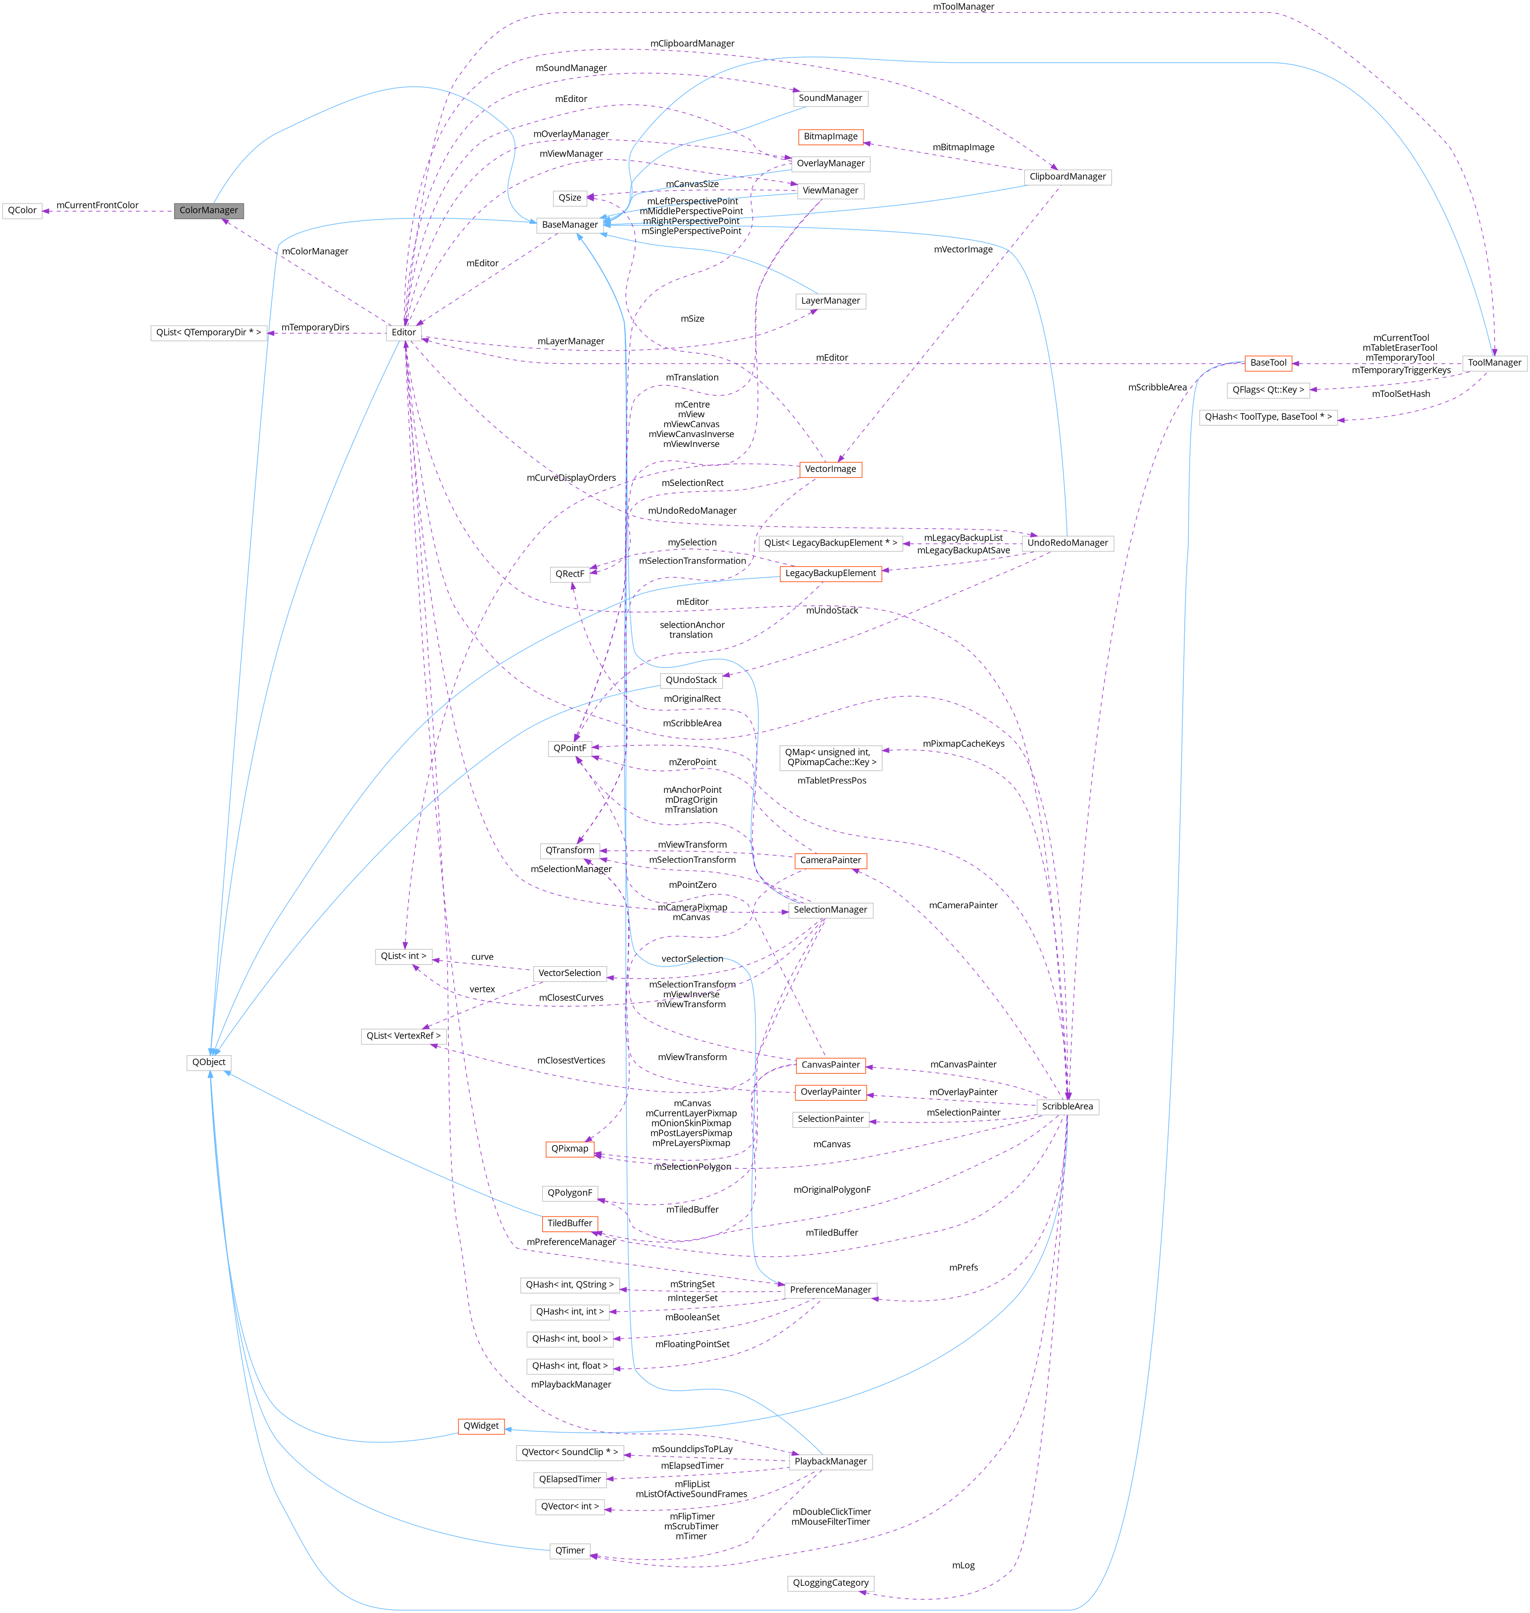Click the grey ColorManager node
point(209,210)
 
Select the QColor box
point(22,210)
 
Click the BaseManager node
point(569,224)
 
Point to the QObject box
point(209,1062)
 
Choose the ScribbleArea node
point(1067,1106)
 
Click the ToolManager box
point(1494,363)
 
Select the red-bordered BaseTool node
point(1268,363)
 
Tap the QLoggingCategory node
point(830,1583)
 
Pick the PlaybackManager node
point(830,1461)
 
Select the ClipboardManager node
point(1067,177)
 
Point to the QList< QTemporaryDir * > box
point(209,333)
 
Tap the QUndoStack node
point(691,681)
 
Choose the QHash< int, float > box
point(569,1366)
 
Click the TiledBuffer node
point(569,1223)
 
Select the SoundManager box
point(830,98)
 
